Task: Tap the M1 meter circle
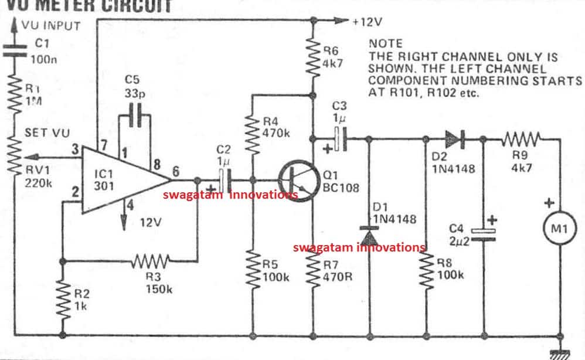click(x=559, y=229)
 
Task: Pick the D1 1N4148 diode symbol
click(x=369, y=236)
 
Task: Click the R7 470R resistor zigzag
click(x=312, y=271)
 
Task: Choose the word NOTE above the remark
click(x=385, y=43)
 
